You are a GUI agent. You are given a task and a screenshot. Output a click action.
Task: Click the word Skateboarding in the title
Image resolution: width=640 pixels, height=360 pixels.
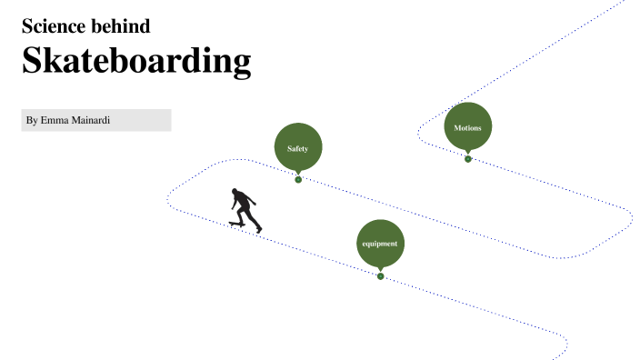click(x=136, y=61)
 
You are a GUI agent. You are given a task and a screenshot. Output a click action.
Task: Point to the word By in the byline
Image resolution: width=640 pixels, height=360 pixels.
click(x=32, y=120)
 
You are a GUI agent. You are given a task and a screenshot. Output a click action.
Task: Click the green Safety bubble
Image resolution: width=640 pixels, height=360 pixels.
click(x=298, y=146)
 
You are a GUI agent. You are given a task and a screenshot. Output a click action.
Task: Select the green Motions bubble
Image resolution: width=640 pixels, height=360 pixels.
click(x=468, y=125)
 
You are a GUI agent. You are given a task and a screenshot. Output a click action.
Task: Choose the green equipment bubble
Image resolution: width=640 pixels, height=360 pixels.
click(x=380, y=243)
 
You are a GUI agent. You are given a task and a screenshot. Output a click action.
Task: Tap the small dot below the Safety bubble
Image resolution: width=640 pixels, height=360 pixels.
click(x=298, y=179)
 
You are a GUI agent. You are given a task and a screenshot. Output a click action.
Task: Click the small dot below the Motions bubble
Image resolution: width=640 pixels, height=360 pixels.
click(x=468, y=159)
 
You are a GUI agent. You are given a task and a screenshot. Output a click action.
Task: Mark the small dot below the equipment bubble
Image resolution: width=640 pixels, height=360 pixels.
click(x=381, y=276)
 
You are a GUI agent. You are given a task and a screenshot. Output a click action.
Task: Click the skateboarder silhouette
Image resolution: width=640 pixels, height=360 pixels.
click(x=245, y=210)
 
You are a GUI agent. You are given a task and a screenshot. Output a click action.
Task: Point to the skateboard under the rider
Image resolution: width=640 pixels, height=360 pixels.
click(x=237, y=223)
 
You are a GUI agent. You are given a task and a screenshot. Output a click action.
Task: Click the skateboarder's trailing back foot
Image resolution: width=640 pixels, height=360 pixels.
click(x=259, y=230)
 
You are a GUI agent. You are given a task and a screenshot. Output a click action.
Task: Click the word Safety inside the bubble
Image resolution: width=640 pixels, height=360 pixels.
click(x=298, y=148)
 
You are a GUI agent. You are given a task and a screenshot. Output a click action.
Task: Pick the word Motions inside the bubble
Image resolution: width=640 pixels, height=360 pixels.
click(x=468, y=128)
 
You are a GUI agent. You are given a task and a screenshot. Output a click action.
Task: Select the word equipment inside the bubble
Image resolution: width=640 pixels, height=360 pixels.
click(x=380, y=245)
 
